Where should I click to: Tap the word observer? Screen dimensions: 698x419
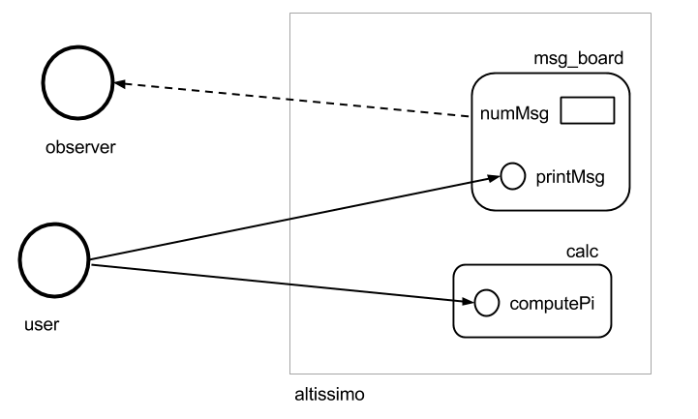[x=80, y=147]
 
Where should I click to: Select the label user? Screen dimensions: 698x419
[x=42, y=324]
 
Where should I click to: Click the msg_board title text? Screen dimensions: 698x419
[x=578, y=59]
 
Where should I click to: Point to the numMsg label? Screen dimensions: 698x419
[x=514, y=114]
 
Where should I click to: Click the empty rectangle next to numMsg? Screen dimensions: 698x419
[x=588, y=98]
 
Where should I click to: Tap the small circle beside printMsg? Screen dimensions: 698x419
[x=513, y=164]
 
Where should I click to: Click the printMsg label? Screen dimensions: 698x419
[x=570, y=177]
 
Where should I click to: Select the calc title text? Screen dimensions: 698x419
[x=582, y=252]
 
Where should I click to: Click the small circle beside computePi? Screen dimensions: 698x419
[x=487, y=290]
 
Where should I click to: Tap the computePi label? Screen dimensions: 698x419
[x=552, y=304]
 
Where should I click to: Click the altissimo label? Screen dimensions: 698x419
[x=329, y=395]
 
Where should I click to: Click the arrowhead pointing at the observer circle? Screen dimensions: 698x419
[x=120, y=83]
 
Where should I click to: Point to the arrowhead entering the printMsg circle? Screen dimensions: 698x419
[x=494, y=178]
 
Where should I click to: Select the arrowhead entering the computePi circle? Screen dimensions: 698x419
[x=469, y=302]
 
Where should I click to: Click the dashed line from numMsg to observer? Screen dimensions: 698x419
[x=292, y=100]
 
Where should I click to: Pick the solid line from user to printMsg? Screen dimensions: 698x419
[x=295, y=219]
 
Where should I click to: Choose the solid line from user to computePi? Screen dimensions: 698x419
[x=283, y=284]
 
